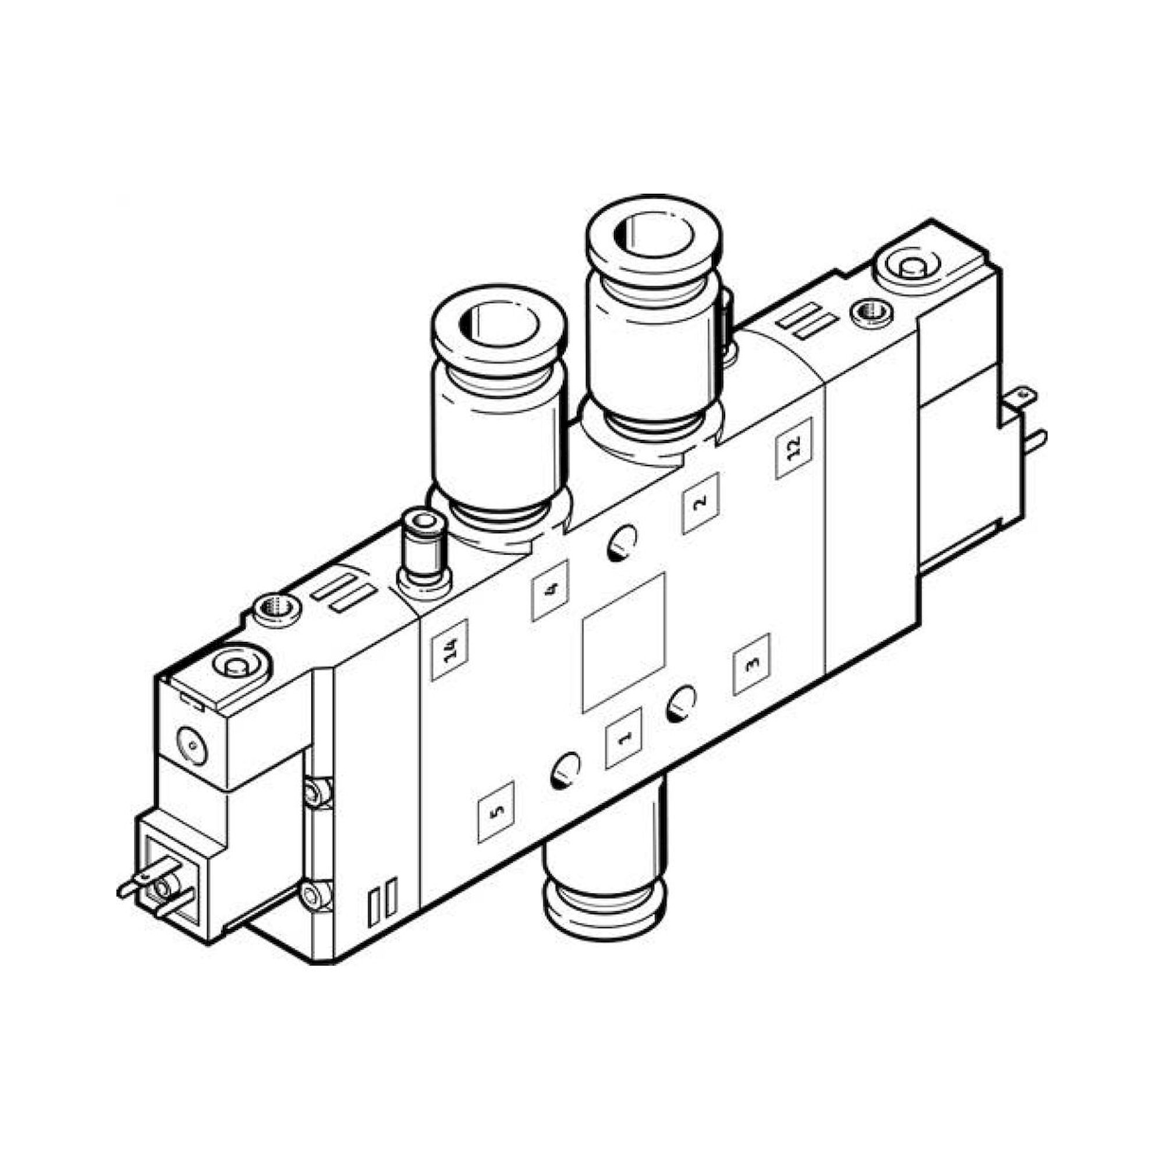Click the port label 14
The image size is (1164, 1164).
pyautogui.click(x=449, y=650)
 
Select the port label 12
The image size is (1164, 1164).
pyautogui.click(x=793, y=448)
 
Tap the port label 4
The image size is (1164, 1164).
pyautogui.click(x=549, y=590)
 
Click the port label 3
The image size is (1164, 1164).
pyautogui.click(x=751, y=664)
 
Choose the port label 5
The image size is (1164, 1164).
pyautogui.click(x=496, y=811)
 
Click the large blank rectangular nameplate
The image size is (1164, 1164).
pyautogui.click(x=623, y=643)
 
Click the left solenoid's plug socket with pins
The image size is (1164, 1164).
pyautogui.click(x=167, y=894)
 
